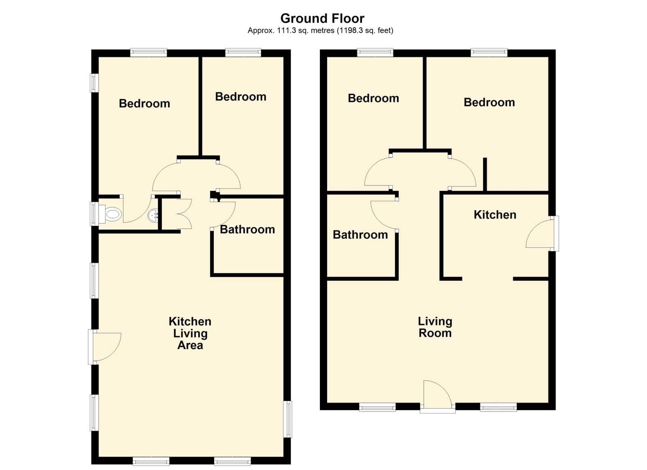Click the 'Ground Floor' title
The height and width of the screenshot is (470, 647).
[322, 19]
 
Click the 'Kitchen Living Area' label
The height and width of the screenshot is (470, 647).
[190, 333]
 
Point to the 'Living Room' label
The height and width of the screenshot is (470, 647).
[435, 327]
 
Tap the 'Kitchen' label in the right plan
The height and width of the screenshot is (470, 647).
[495, 215]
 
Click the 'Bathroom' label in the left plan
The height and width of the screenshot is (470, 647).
[247, 230]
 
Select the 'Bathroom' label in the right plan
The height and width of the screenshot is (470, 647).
[360, 235]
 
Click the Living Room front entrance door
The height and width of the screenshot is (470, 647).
[437, 396]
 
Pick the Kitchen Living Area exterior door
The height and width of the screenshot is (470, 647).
[105, 347]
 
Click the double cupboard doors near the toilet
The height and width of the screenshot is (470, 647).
[184, 214]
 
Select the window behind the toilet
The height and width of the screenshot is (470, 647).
[94, 214]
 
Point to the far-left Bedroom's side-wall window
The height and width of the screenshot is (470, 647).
[94, 83]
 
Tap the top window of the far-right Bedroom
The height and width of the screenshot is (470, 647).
[489, 52]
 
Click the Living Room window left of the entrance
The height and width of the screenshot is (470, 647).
[377, 407]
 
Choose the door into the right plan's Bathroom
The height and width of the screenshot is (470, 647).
[384, 215]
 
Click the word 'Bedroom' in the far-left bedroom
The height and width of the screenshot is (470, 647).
[144, 103]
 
